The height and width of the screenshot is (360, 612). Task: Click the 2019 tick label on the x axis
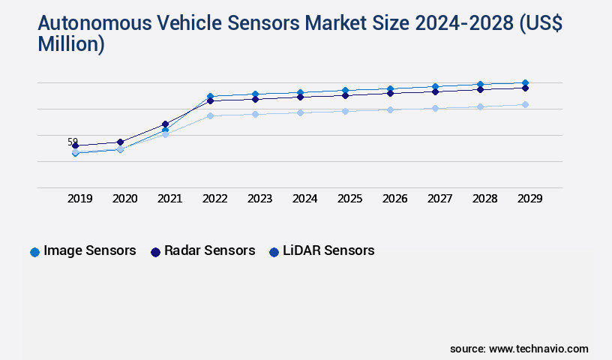pos(79,199)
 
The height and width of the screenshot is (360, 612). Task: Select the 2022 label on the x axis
pos(214,199)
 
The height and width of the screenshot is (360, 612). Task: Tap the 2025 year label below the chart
pos(349,199)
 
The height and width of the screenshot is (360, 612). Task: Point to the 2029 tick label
pos(529,199)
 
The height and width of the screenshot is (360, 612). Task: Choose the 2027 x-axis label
pos(439,199)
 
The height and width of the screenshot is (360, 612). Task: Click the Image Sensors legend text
pos(90,250)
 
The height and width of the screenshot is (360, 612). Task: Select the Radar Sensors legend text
pos(210,250)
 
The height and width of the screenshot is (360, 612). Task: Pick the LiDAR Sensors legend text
pos(328,250)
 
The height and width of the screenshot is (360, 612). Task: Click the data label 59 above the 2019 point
pos(73,141)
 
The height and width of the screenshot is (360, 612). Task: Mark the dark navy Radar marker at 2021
pos(165,124)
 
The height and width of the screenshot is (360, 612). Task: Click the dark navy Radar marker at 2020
pos(120,142)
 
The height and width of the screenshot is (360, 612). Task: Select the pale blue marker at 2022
pos(210,115)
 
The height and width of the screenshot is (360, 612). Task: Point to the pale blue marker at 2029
pos(525,104)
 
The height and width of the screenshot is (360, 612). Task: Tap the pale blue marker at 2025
pos(345,111)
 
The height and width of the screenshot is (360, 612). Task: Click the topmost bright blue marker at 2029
pos(525,82)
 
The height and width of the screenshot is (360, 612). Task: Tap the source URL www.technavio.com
pos(538,349)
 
